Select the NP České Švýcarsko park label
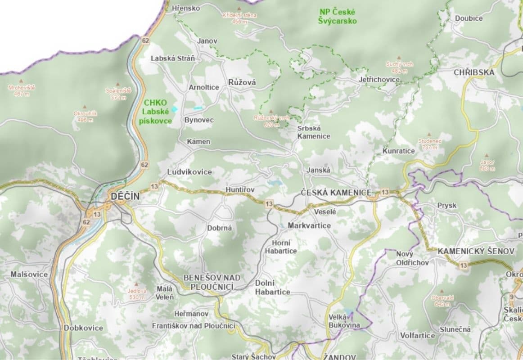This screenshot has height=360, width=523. coord(338,17)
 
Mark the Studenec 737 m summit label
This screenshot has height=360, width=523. coord(430,144)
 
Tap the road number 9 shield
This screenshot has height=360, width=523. coord(512,297)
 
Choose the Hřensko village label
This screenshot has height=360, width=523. coord(185,8)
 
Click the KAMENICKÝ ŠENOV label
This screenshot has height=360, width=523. coord(475,252)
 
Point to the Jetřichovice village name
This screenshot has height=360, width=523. coord(379,79)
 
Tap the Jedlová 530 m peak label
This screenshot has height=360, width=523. coord(137,294)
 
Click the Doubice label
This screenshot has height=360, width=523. coord(469,18)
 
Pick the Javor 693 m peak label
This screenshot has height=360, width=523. coord(487,165)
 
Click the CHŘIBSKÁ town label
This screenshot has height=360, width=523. coord(473,72)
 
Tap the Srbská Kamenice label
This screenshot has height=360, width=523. coord(314,132)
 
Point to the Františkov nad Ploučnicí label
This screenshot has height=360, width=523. coord(194,325)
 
